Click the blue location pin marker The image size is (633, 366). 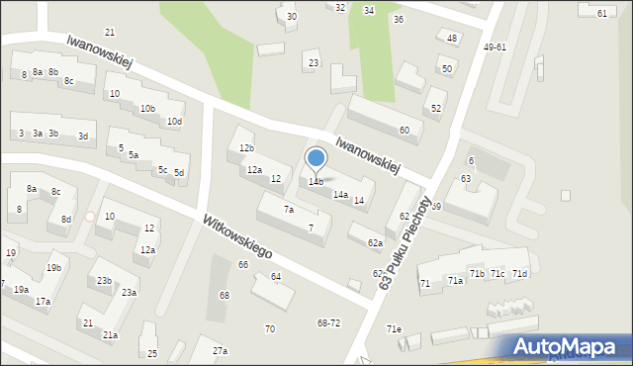(316, 158)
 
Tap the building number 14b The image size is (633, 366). (316, 182)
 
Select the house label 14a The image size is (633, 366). (340, 195)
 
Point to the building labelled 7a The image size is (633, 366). (289, 210)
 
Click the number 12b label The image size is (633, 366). (246, 148)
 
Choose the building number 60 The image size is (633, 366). (404, 131)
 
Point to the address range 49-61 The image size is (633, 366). (495, 47)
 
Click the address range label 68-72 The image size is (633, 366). (328, 323)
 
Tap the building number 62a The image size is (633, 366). (375, 242)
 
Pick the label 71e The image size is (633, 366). (395, 328)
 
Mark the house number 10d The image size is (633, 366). (174, 122)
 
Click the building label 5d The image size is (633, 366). (179, 173)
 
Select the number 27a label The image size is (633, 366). (220, 351)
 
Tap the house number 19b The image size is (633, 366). (53, 268)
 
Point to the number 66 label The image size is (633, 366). (243, 264)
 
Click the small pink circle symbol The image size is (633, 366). (90, 217)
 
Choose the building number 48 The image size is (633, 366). (452, 39)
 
